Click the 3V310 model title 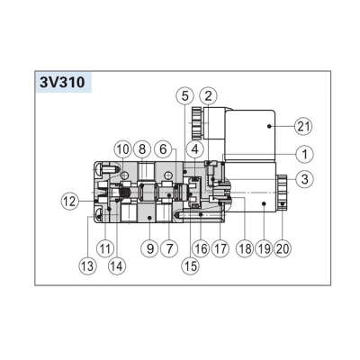click(62, 82)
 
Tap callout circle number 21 click(303, 127)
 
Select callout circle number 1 click(304, 155)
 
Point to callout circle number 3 click(304, 179)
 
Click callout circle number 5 click(184, 96)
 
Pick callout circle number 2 click(209, 96)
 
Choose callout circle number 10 click(122, 149)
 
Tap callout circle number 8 click(142, 149)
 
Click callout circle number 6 click(163, 149)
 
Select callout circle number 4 click(194, 149)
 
